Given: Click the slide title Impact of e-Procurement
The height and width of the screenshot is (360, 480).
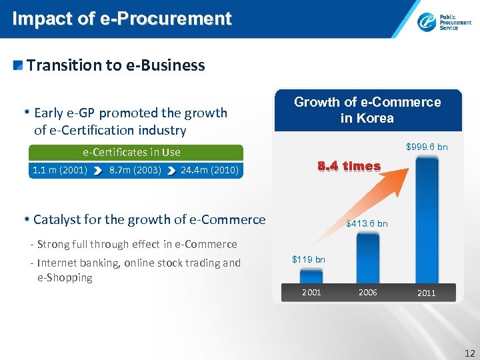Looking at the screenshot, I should [122, 19].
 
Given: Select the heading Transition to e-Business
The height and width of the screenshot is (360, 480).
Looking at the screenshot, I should [115, 65].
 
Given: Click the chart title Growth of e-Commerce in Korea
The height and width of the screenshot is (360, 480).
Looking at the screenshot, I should [367, 110].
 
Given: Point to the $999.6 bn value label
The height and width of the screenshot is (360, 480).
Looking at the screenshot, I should [427, 146].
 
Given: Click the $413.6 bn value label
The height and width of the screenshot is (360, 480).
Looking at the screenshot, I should [367, 223].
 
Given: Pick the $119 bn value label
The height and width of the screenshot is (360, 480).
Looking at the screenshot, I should [309, 259].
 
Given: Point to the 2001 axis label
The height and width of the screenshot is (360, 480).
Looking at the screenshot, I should [311, 292].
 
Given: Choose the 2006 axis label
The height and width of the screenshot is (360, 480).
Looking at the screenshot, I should [367, 292].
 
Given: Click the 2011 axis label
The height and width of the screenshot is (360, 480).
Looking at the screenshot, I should [426, 293].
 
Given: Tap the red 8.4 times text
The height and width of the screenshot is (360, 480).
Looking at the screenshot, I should [349, 166].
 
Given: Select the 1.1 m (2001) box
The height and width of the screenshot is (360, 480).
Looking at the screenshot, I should [60, 170].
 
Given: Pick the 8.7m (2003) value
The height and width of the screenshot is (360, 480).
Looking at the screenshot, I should [135, 170].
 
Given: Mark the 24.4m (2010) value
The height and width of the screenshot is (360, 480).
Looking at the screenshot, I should [209, 170].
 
